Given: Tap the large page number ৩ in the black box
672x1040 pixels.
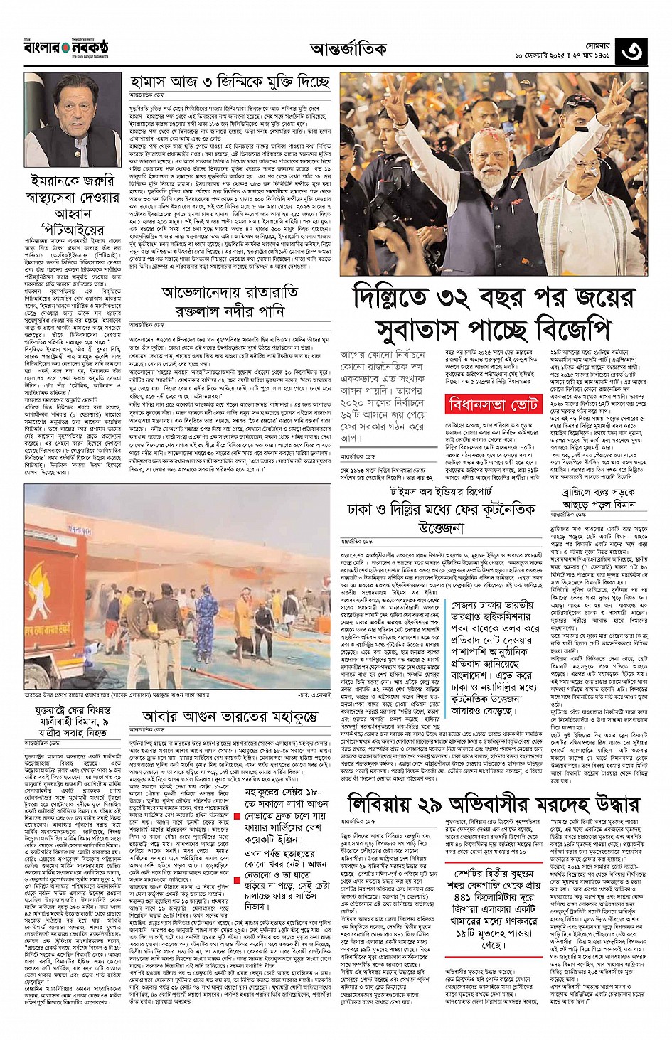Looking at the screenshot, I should tap(631, 52).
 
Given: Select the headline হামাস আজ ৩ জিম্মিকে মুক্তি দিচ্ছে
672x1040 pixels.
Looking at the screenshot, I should tap(230, 82).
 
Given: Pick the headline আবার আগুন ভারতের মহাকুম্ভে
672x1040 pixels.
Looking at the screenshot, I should tap(229, 716).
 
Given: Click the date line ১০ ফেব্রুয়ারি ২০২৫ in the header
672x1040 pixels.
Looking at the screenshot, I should tap(562, 56).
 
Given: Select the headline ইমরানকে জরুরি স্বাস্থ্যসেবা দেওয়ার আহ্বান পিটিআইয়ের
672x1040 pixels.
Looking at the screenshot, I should tap(72, 205).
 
